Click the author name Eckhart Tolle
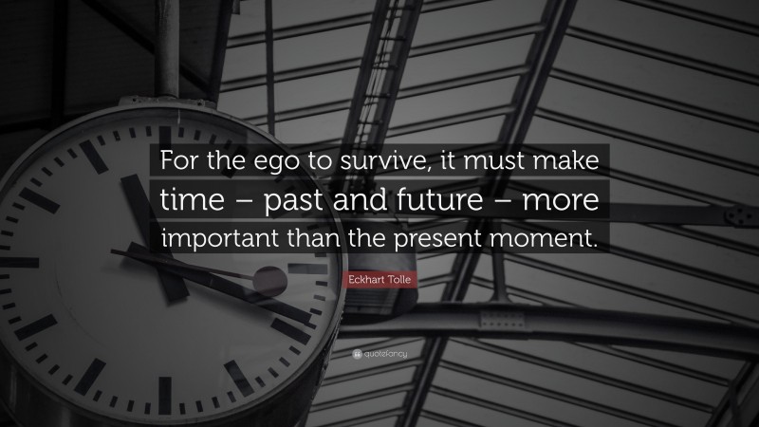[x=379, y=276]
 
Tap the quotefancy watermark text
[x=384, y=353]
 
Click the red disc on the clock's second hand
[x=269, y=282]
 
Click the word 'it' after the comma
[x=449, y=163]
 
